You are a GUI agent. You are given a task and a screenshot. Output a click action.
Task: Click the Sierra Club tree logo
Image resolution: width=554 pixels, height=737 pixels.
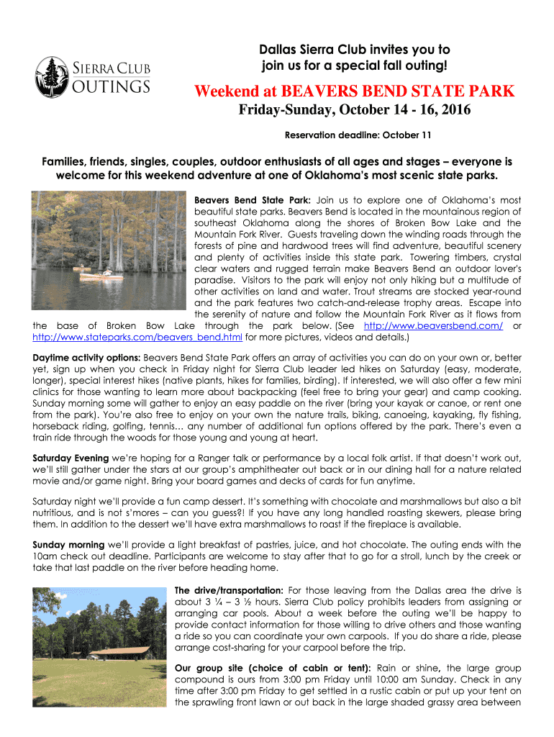(x=52, y=76)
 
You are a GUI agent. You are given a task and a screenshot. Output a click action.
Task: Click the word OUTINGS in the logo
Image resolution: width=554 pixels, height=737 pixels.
(x=112, y=86)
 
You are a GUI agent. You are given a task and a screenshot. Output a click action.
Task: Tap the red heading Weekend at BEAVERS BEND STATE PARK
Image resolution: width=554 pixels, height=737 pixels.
(x=355, y=91)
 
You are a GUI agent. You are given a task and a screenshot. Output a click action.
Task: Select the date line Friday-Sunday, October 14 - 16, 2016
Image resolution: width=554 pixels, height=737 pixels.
(x=355, y=112)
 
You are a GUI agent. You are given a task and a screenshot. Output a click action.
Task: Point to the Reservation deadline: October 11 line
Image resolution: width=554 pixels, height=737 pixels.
(x=355, y=135)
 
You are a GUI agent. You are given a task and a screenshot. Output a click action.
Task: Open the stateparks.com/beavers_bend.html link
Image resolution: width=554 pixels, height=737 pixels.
(x=137, y=337)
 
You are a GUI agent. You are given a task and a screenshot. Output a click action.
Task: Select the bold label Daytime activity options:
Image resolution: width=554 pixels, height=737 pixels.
(x=87, y=357)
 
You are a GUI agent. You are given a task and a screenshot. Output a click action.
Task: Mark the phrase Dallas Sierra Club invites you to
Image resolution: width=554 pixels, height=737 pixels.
(x=355, y=50)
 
